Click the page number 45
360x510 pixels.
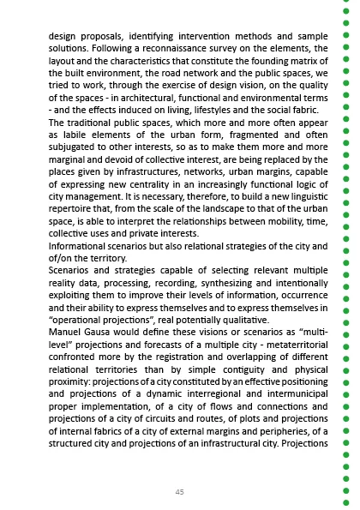[179, 491]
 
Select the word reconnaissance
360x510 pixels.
[183, 50]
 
